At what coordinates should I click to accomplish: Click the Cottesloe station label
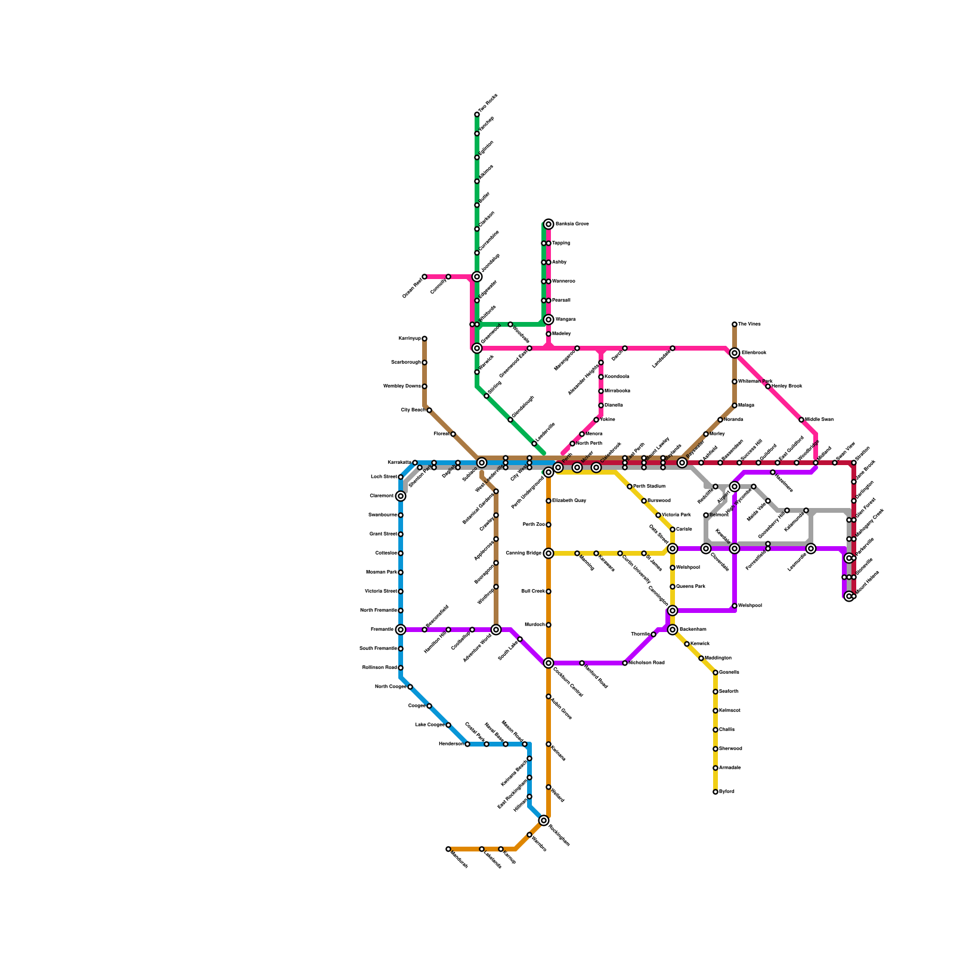coord(386,553)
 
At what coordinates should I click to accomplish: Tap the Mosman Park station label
coord(382,572)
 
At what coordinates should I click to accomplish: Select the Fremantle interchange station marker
coord(401,630)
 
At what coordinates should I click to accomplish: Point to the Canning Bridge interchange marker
coord(549,553)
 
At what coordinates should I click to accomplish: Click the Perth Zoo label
coord(533,525)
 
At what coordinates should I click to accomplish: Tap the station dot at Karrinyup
coord(425,339)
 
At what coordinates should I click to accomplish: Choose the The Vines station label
coord(749,324)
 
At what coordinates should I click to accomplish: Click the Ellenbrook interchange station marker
coord(735,353)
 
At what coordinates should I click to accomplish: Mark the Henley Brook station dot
coord(768,386)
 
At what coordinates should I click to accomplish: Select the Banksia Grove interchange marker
coord(549,224)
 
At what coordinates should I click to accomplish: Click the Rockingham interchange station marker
coord(544,820)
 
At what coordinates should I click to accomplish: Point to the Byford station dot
coord(715,792)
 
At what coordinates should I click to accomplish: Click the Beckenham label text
coord(693,630)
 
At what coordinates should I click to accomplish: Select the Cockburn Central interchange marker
coord(549,663)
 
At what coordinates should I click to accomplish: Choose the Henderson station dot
coord(467,744)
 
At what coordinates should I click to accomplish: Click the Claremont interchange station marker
coord(401,496)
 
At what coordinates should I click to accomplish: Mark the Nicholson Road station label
coord(646,663)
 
